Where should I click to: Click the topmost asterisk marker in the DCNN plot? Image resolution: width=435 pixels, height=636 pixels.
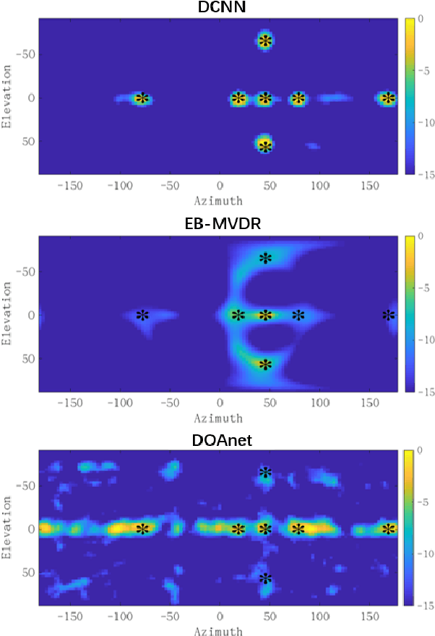[265, 41]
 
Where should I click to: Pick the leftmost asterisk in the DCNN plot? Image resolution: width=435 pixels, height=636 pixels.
[142, 99]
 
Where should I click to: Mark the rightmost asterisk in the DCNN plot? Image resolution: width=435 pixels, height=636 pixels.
[389, 99]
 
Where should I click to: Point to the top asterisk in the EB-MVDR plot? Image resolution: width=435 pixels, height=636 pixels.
[265, 258]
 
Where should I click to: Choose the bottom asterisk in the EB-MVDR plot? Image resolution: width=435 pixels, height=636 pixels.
[265, 364]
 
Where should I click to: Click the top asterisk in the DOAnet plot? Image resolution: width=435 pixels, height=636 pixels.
[265, 473]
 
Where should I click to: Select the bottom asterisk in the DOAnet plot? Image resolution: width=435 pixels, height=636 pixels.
[265, 578]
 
